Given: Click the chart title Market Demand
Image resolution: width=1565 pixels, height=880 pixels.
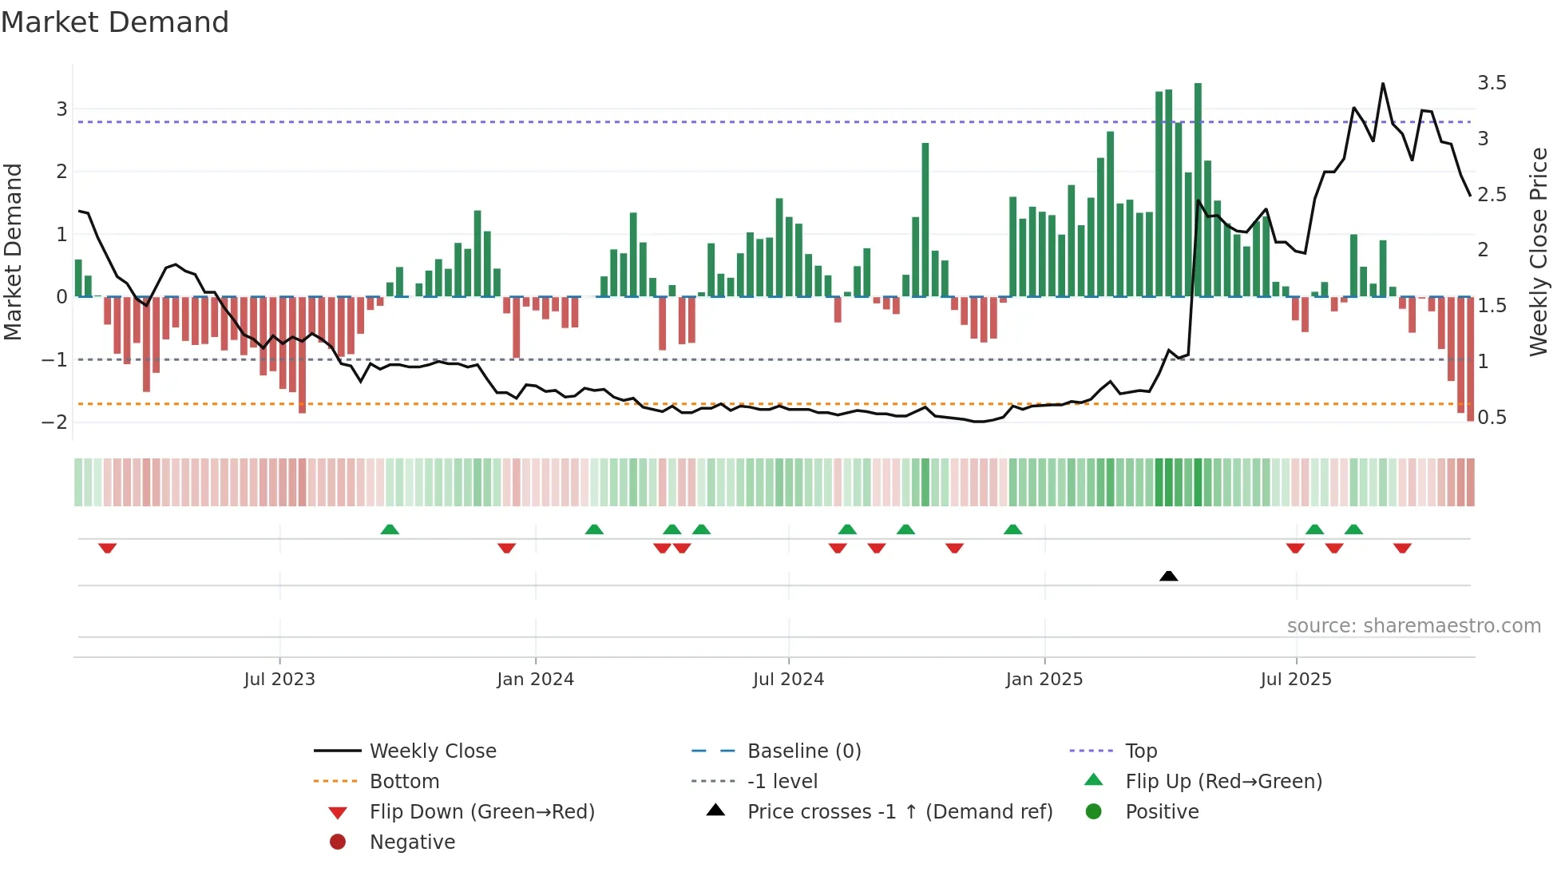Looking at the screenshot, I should [x=115, y=22].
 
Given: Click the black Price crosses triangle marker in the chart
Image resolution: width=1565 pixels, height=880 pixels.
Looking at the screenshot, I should [x=1168, y=576].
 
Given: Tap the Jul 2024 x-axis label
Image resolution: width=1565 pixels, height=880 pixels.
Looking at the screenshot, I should [x=788, y=680].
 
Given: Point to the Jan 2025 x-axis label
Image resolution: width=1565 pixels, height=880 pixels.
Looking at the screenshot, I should [x=1044, y=680].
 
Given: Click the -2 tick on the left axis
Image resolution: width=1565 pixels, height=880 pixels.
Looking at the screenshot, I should [x=54, y=422].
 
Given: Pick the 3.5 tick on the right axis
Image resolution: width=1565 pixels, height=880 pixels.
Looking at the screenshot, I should [x=1492, y=83].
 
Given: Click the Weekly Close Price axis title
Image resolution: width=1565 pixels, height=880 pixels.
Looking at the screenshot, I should [x=1538, y=252].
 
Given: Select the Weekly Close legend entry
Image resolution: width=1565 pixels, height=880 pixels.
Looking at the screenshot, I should [x=432, y=751].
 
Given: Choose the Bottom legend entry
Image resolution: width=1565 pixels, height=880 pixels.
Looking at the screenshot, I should [x=404, y=782].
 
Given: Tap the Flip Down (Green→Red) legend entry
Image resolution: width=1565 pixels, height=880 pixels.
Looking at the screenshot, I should [x=481, y=812].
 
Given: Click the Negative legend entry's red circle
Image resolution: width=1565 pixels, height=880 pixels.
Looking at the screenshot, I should [x=338, y=842].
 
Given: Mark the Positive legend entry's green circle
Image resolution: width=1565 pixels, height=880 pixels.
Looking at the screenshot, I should [x=1094, y=812].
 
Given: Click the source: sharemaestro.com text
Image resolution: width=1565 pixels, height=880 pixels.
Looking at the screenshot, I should [x=1413, y=626].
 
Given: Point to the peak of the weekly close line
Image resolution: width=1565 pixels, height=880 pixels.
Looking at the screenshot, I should [x=1383, y=84].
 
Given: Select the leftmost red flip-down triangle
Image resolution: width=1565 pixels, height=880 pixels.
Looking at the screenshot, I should [x=108, y=548].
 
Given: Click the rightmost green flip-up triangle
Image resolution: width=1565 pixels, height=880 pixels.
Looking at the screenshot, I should [x=1353, y=529].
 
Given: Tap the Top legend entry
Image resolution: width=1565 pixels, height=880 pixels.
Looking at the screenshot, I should [x=1140, y=751].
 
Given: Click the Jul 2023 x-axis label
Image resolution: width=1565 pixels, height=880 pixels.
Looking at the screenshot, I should [x=279, y=680].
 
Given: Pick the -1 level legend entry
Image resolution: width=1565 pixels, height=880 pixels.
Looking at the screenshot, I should [x=782, y=782].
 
